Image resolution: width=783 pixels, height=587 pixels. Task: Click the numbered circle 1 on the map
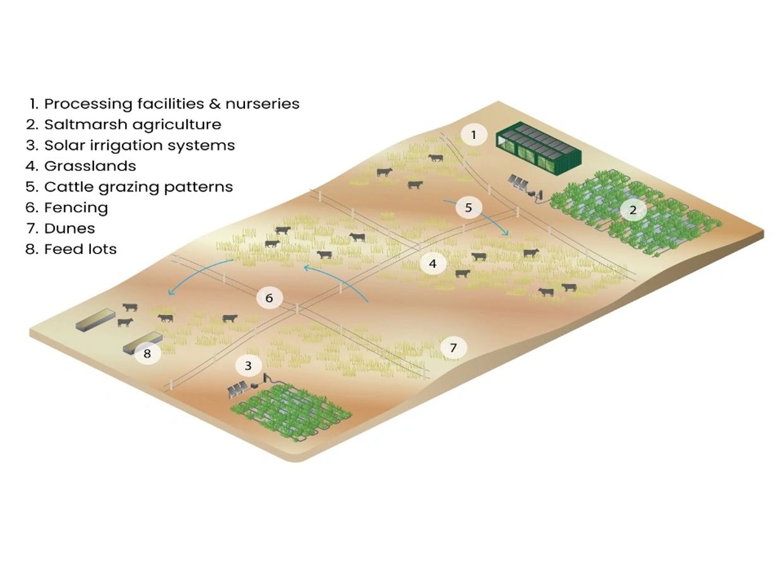click(474, 134)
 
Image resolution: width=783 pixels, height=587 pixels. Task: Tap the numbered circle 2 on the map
click(633, 211)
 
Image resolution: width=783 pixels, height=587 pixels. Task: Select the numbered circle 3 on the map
click(248, 365)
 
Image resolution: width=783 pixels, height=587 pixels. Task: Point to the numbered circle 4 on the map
click(433, 263)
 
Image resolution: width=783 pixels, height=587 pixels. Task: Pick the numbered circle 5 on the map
click(469, 207)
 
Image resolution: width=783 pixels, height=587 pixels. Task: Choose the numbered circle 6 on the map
click(269, 298)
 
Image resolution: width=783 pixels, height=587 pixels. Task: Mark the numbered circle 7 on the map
click(453, 347)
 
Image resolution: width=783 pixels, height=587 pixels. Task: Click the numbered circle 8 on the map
click(147, 353)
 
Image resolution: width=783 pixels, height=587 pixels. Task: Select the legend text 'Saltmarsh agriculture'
click(133, 124)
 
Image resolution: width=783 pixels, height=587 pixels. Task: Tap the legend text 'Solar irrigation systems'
click(139, 145)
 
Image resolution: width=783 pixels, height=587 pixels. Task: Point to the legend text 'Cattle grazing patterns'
click(138, 187)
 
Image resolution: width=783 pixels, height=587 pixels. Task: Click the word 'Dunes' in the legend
click(69, 228)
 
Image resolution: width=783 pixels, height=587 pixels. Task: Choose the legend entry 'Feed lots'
click(80, 249)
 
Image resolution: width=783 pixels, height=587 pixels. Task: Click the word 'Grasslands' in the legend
click(90, 166)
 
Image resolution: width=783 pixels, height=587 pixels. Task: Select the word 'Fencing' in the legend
click(76, 208)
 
